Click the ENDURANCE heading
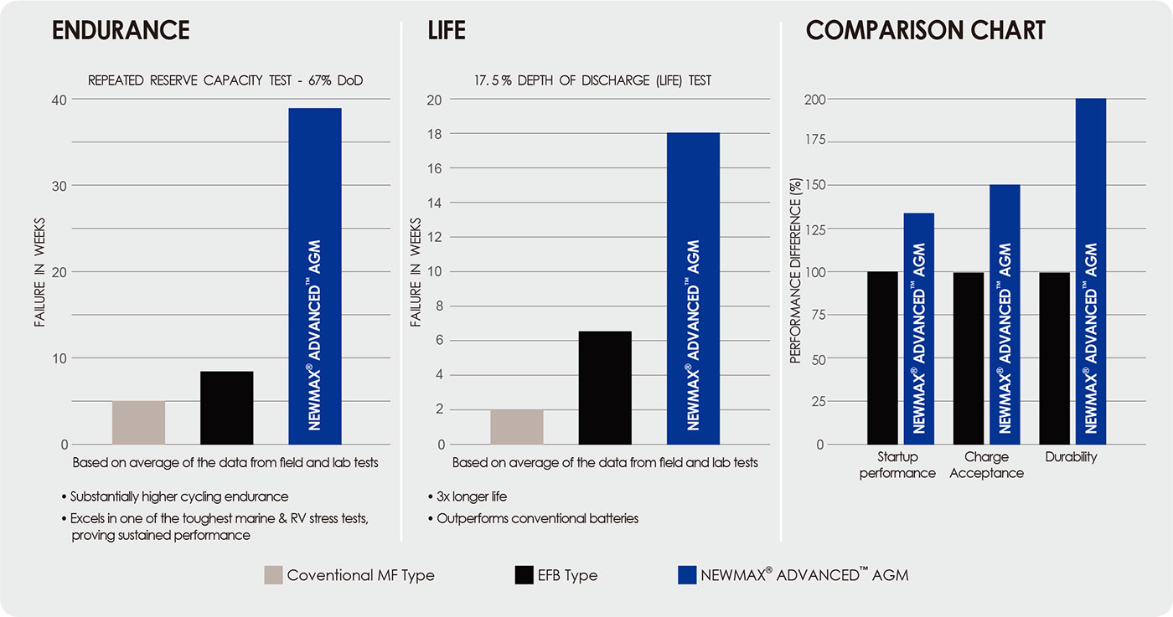121,31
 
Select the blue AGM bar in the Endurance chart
314,276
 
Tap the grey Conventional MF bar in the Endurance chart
138,423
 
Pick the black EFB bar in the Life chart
605,388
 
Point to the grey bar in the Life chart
517,427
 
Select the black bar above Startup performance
882,357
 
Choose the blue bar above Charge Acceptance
1005,314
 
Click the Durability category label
1071,458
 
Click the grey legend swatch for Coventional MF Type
273,575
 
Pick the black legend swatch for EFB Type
524,575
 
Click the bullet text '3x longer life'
472,496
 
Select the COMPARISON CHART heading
925,31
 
